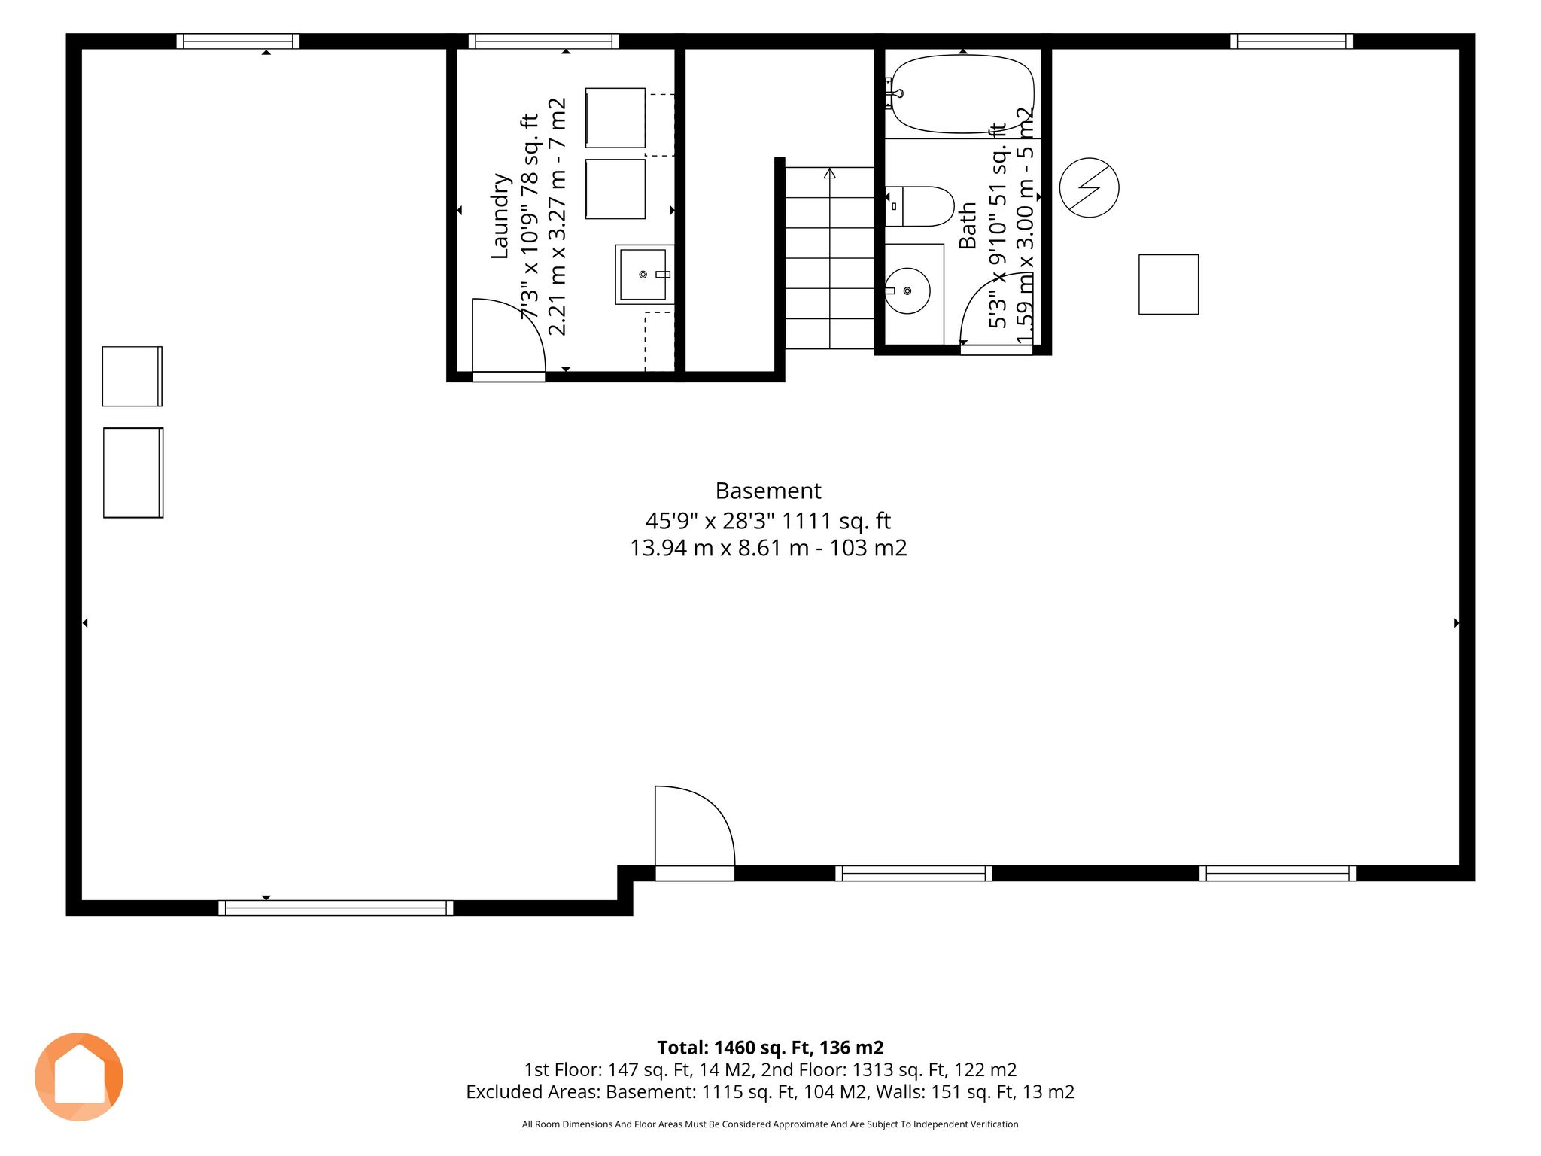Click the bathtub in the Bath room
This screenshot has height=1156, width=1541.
tap(962, 95)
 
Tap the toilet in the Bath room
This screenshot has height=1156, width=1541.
tap(919, 207)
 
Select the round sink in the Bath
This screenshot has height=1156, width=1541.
tap(907, 291)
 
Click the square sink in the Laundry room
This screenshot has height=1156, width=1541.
tap(644, 274)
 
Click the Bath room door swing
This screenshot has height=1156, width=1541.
tap(978, 294)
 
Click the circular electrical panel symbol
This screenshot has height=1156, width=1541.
tap(1089, 187)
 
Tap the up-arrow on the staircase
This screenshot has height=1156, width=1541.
tap(830, 174)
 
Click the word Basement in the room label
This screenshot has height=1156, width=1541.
tap(768, 491)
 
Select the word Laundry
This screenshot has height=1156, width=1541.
tap(500, 216)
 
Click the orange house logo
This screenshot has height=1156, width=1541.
tap(79, 1077)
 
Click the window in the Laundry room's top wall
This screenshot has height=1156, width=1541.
tap(544, 41)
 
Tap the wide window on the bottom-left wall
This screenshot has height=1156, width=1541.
tap(336, 908)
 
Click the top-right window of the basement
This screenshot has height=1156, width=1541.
tap(1292, 41)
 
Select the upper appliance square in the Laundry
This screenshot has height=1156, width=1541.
tap(615, 117)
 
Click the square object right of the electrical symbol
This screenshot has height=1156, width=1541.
tap(1169, 284)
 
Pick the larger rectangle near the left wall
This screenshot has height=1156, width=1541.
tap(133, 473)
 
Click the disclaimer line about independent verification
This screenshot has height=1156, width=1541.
tap(770, 1124)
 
